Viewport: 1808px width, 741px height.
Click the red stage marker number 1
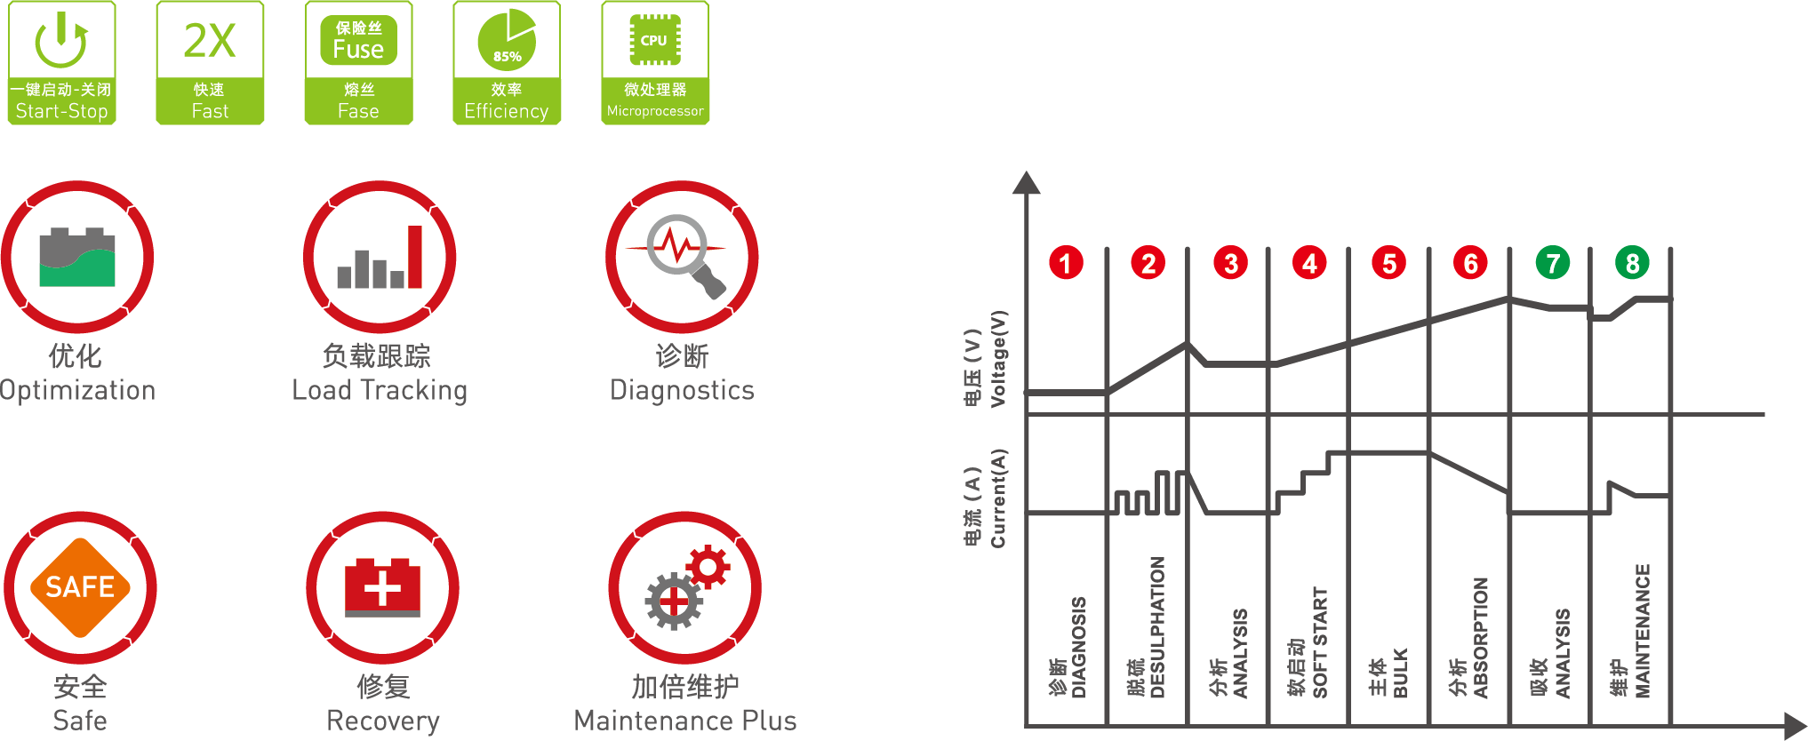point(1066,263)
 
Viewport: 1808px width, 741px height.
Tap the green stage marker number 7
point(1553,263)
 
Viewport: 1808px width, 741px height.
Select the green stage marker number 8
point(1632,263)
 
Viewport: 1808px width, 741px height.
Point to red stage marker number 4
point(1309,263)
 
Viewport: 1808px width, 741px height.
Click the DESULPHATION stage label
point(1156,627)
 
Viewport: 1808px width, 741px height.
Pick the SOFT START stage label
point(1319,642)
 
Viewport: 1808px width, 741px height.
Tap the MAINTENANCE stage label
point(1642,631)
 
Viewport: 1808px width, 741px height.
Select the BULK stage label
point(1399,673)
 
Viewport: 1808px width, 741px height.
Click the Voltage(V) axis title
point(998,359)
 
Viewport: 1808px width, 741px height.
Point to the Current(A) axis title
point(998,498)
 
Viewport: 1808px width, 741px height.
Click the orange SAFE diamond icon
point(80,587)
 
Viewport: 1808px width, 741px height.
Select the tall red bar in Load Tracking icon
point(414,257)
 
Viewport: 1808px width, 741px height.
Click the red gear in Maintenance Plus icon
point(708,566)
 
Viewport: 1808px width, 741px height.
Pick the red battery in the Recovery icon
point(382,587)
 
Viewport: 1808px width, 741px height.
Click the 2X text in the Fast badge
point(210,41)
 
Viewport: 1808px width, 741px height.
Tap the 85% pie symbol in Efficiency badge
point(507,40)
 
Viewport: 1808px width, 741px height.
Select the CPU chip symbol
point(654,40)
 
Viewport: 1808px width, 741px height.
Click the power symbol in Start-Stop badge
point(61,40)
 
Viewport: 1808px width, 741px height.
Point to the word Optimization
point(77,390)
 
